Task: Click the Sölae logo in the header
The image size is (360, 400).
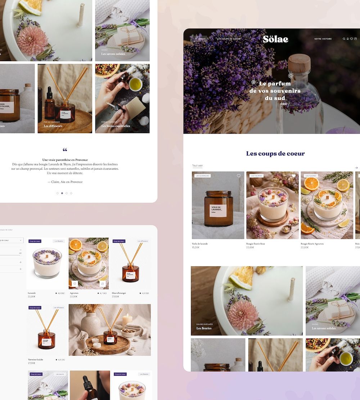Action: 275,39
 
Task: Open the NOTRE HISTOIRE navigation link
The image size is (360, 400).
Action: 323,39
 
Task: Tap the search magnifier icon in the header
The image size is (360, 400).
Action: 344,39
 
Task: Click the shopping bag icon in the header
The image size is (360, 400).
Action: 356,39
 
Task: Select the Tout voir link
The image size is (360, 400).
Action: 197,166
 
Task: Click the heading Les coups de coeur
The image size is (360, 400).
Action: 275,154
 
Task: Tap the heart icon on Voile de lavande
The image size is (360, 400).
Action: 239,176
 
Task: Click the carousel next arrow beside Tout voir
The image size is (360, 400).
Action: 356,168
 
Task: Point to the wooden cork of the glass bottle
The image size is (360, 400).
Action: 299,62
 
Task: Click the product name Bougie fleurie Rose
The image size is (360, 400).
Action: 256,244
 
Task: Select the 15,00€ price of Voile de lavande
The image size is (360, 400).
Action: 196,247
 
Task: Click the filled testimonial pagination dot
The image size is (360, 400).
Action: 62,193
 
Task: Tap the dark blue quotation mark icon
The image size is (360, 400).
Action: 65,150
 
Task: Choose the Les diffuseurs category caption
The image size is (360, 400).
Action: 53,126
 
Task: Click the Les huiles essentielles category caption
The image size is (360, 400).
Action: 116,126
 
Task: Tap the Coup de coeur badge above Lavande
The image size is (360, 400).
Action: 35,241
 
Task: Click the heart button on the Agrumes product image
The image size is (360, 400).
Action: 75,284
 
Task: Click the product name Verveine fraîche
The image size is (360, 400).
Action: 36,360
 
